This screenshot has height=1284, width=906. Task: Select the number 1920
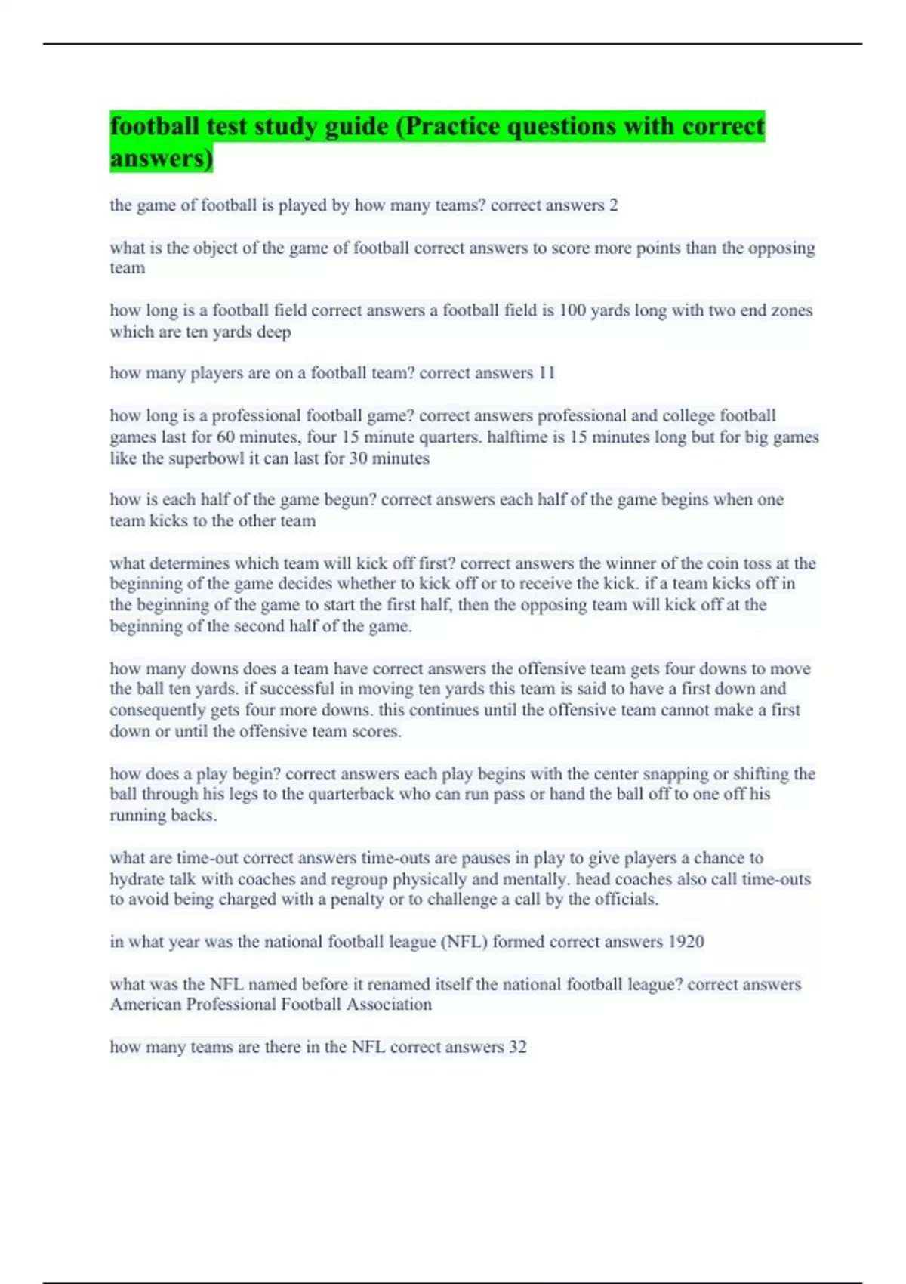[686, 942]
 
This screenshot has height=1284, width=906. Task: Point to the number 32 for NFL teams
[517, 1047]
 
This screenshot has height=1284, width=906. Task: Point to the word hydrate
[137, 879]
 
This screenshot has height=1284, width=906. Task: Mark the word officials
[625, 900]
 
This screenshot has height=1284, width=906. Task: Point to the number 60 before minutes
[225, 437]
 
